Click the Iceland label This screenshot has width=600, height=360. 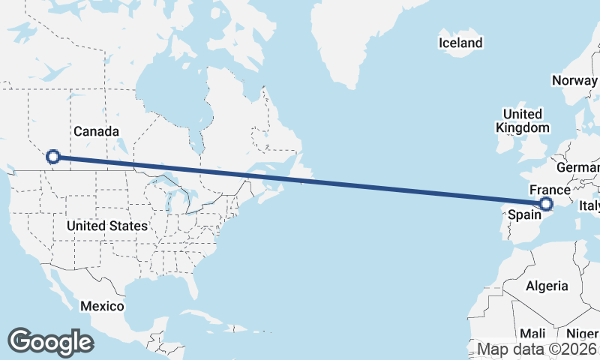point(460,43)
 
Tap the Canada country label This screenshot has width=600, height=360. point(96,131)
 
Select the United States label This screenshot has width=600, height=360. point(106,225)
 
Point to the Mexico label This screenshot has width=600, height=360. point(102,306)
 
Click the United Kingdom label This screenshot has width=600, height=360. point(523,121)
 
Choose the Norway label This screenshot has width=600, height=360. point(574,80)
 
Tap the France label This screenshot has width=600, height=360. point(550,190)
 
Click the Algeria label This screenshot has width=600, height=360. point(547,286)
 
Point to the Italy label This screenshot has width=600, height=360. point(588,205)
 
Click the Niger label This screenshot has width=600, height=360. point(582,333)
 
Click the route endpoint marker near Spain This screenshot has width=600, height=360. point(546,204)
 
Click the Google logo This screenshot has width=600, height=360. point(50,341)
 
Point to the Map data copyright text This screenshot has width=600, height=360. point(537,349)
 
